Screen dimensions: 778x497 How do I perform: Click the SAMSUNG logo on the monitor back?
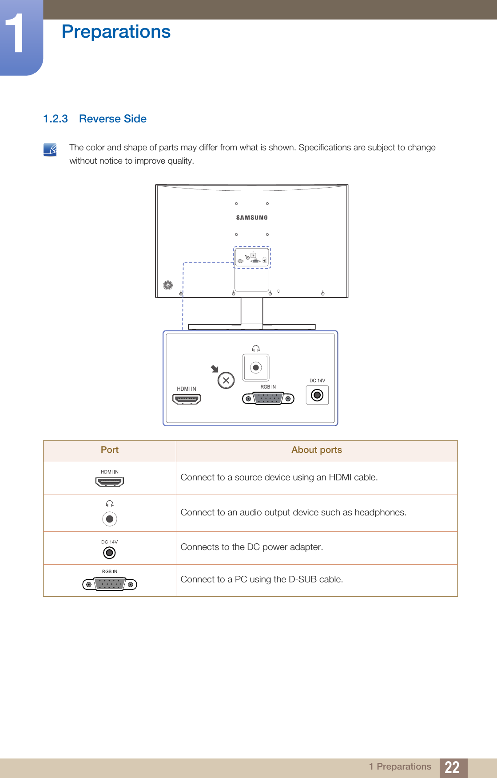tap(252, 217)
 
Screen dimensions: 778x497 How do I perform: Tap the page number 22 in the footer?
tap(452, 767)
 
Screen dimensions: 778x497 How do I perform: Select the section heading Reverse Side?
tap(112, 119)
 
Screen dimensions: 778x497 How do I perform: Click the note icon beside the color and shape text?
tap(50, 149)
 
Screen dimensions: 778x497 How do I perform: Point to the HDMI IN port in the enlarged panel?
tap(187, 399)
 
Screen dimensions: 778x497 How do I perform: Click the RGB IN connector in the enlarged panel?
tap(268, 399)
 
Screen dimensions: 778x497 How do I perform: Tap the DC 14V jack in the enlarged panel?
tap(317, 395)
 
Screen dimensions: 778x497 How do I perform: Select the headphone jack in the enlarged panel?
tap(256, 368)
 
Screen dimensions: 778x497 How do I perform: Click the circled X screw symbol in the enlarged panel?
tap(226, 380)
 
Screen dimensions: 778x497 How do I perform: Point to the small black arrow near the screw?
tap(215, 369)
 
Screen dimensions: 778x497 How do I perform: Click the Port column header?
tap(110, 450)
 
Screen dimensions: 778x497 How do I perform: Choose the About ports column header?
tap(317, 450)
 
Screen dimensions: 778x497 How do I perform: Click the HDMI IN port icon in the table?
tap(110, 481)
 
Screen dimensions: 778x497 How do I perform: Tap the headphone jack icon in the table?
tap(110, 519)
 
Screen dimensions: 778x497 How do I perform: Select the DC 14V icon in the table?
tap(109, 553)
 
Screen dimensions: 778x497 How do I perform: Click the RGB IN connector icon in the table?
tap(110, 585)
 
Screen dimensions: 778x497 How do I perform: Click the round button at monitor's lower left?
tap(168, 285)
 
